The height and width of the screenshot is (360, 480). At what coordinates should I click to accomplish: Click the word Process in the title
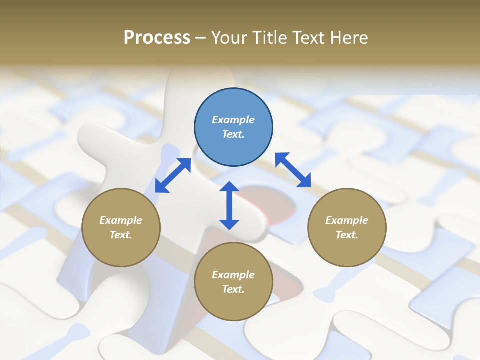[x=157, y=38]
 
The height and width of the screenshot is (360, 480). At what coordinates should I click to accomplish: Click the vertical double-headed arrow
[x=229, y=205]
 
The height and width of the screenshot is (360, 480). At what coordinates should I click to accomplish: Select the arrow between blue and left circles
[x=173, y=175]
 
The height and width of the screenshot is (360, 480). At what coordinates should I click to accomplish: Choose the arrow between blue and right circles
[x=293, y=170]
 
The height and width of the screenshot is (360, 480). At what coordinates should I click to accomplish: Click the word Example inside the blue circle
[x=233, y=120]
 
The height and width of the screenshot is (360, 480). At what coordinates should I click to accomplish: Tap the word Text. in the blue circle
[x=233, y=134]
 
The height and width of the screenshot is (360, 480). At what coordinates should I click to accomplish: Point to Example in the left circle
[x=121, y=220]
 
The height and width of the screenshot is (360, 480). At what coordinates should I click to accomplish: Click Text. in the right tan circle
[x=347, y=235]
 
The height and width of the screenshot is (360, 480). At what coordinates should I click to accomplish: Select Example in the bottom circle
[x=233, y=275]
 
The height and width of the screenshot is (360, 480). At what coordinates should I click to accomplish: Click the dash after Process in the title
[x=200, y=38]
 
